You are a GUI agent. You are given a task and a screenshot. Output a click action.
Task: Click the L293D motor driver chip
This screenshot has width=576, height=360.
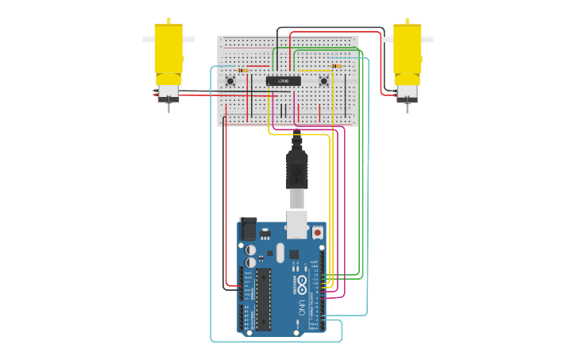[x=284, y=81]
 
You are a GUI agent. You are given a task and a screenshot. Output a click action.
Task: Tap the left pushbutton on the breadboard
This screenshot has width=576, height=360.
[x=230, y=80]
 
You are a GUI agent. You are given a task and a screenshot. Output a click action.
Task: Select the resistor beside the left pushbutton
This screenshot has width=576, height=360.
[x=243, y=70]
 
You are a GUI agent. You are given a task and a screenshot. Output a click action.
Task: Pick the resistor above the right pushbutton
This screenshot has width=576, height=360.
[x=337, y=66]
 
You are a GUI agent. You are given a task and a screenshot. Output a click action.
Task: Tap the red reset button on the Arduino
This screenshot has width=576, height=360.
[x=318, y=232]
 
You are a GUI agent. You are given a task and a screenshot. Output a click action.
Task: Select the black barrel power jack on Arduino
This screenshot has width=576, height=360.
[x=249, y=229]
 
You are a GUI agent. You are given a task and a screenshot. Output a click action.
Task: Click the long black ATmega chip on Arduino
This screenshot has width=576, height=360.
[x=263, y=298]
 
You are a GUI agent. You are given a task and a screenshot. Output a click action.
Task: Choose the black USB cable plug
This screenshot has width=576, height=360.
[x=297, y=171]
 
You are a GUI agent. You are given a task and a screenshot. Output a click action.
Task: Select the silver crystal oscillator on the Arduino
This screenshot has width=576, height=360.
[x=280, y=254]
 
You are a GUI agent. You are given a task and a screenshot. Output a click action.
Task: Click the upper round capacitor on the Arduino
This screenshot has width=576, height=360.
[x=251, y=249]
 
